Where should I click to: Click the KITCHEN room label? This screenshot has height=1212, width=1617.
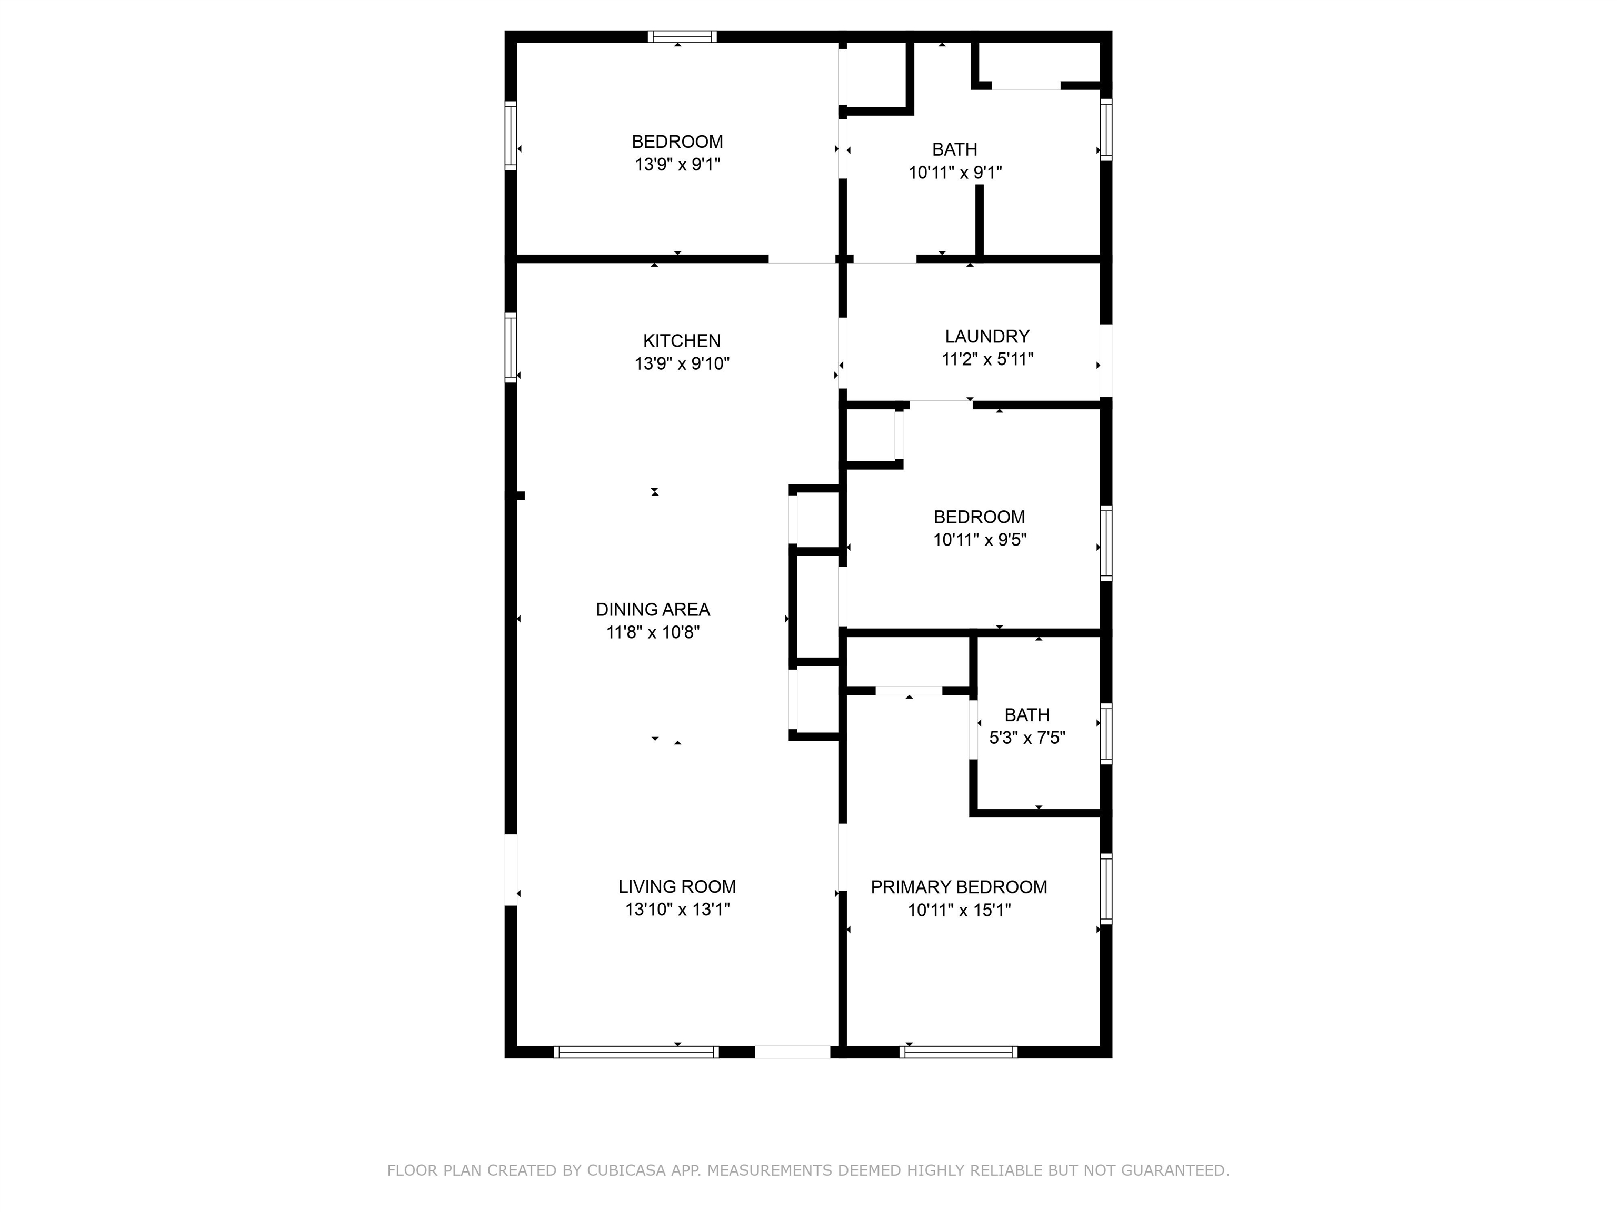pyautogui.click(x=681, y=340)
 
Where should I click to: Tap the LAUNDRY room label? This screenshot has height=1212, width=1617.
pyautogui.click(x=987, y=336)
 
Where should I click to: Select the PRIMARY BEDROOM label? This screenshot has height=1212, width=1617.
pyautogui.click(x=959, y=887)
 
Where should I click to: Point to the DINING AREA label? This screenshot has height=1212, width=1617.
pyautogui.click(x=653, y=609)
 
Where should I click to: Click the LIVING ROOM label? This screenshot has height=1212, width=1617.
pyautogui.click(x=677, y=887)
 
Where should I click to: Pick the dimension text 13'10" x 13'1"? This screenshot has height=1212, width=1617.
pyautogui.click(x=677, y=910)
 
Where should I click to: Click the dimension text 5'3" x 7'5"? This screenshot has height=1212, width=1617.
pyautogui.click(x=1027, y=738)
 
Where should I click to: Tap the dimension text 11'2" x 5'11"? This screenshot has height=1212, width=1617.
pyautogui.click(x=987, y=359)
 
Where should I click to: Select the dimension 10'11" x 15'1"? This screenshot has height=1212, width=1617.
pyautogui.click(x=959, y=910)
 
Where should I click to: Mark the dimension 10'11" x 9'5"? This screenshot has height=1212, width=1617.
pyautogui.click(x=980, y=540)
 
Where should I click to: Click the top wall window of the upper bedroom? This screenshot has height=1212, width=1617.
pyautogui.click(x=682, y=36)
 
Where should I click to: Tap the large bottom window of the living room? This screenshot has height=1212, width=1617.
pyautogui.click(x=636, y=1052)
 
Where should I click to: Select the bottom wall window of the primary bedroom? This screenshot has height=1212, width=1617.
pyautogui.click(x=959, y=1052)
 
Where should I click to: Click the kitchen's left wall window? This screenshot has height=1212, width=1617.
pyautogui.click(x=511, y=348)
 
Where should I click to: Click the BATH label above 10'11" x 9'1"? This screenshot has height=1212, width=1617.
pyautogui.click(x=955, y=150)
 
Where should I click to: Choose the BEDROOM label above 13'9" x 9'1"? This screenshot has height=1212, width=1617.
pyautogui.click(x=677, y=142)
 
